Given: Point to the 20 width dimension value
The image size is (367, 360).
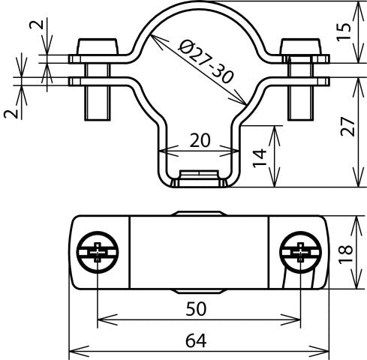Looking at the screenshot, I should click(199, 139).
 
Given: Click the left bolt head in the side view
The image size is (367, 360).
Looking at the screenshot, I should click(98, 46).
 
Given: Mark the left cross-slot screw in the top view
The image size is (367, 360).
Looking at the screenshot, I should click(98, 252).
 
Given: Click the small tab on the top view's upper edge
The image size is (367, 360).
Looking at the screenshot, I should click(199, 214).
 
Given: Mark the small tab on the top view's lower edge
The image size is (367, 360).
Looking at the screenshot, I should click(199, 290).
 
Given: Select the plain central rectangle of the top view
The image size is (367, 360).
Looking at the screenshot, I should click(199, 252).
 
